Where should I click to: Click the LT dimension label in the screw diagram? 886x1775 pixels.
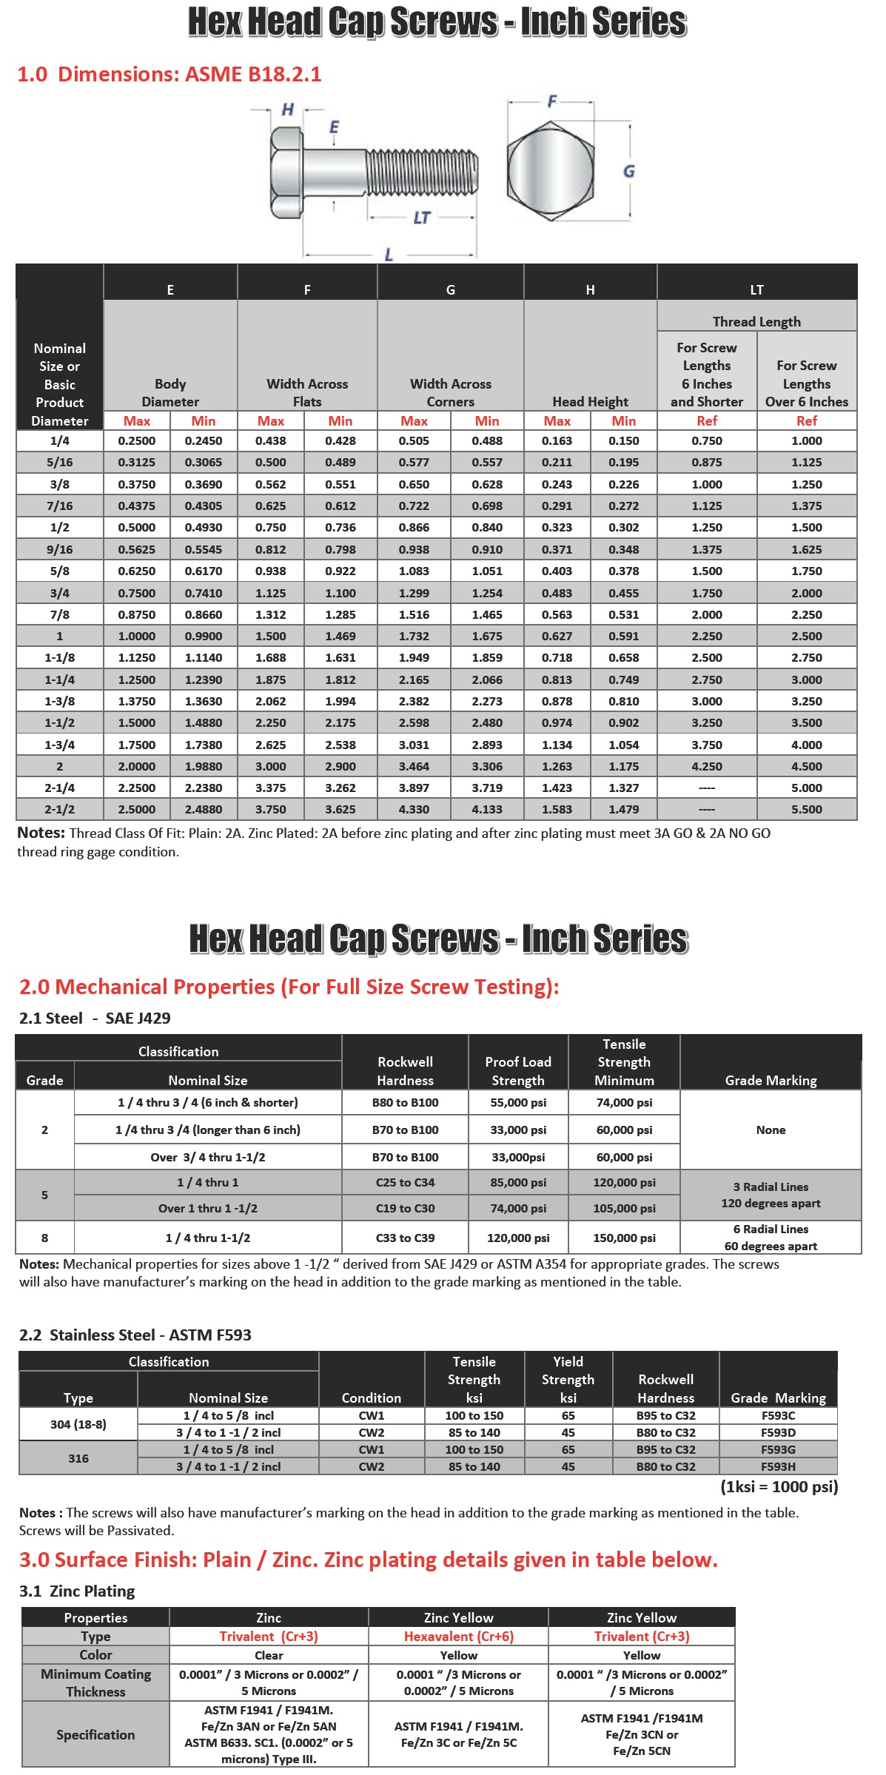click(421, 218)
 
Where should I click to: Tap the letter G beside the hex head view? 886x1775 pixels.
click(628, 172)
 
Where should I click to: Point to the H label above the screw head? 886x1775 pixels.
click(287, 110)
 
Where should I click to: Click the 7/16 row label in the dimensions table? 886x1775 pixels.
click(60, 506)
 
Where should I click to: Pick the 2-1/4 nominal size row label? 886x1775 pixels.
click(60, 788)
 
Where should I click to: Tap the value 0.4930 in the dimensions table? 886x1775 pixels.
click(204, 528)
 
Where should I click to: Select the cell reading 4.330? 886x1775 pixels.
click(414, 810)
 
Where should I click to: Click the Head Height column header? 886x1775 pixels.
click(590, 402)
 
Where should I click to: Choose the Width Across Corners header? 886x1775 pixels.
click(451, 393)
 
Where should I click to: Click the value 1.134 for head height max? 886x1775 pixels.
click(557, 745)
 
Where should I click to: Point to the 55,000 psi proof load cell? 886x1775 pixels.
click(518, 1103)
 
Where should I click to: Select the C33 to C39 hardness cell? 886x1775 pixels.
click(405, 1238)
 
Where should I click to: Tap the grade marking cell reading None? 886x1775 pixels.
click(771, 1130)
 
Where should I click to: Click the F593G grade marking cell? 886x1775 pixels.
click(778, 1450)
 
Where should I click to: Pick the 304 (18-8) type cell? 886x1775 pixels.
click(78, 1425)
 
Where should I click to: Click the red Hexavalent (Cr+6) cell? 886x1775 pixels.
click(458, 1637)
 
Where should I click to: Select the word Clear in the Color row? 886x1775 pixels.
click(269, 1655)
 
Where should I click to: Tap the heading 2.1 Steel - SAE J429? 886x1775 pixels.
click(95, 1019)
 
